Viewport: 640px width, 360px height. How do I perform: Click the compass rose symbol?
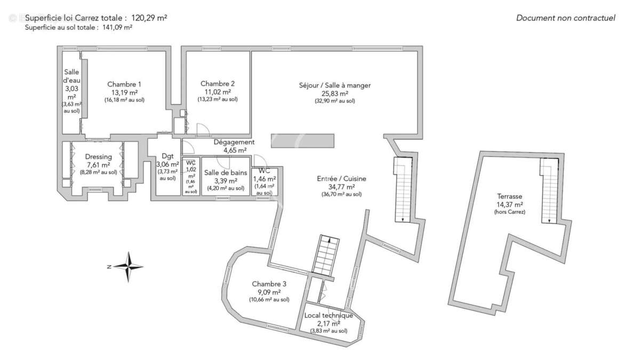(128, 266)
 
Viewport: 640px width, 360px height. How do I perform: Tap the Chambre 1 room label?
(124, 84)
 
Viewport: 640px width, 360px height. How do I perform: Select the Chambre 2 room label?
(218, 84)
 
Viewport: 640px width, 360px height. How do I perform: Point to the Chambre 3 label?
(269, 284)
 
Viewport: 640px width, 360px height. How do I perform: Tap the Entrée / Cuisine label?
(342, 179)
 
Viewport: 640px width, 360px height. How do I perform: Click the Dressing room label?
(99, 157)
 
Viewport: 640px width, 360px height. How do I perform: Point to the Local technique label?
(329, 315)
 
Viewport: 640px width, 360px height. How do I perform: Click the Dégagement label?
(234, 142)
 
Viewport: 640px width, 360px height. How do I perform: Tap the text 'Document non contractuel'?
(565, 18)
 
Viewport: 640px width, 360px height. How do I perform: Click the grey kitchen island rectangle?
(302, 141)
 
